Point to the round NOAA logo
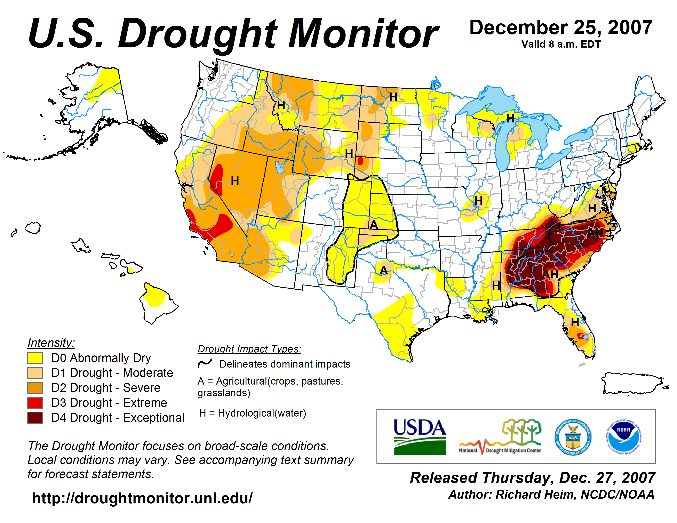pos(623,437)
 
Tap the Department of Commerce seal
pos(573,437)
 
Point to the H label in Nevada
pos(235,181)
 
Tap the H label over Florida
pos(575,322)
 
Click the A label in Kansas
pos(374,225)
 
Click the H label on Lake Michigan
pos(510,118)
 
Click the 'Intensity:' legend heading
pos(51,343)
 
